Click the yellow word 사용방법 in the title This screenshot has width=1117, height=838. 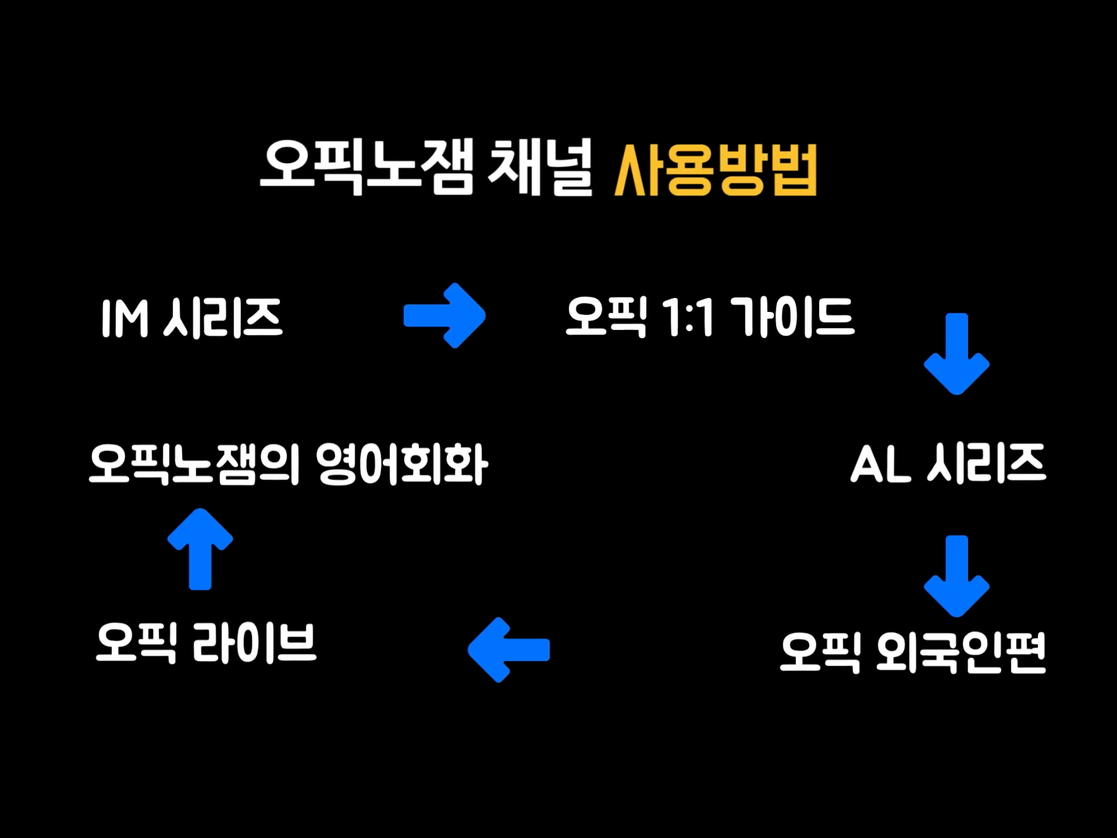point(715,170)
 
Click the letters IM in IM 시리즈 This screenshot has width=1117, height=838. point(125,319)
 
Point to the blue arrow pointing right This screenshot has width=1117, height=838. point(445,316)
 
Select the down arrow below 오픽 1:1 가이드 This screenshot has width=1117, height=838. point(957,354)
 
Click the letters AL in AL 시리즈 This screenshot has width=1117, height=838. point(880,464)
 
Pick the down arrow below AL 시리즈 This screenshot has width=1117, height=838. point(957,576)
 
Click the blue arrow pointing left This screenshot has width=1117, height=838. point(508,650)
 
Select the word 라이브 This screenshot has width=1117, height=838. point(254,642)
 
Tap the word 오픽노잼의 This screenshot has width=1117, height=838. point(194,464)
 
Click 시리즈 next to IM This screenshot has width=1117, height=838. point(223,318)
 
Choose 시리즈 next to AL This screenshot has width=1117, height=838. point(987,463)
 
